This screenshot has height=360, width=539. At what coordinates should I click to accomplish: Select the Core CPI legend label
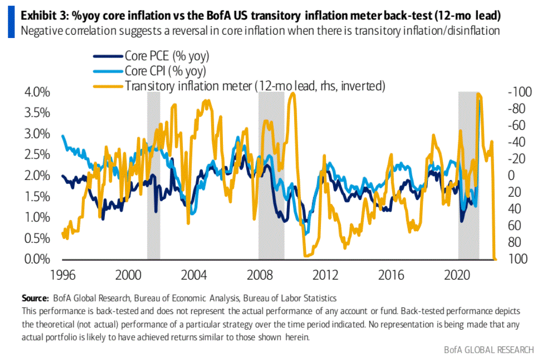(165, 71)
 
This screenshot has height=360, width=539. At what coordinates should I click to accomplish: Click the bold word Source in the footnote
(35, 298)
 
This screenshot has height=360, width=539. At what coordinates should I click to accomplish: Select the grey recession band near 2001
(154, 176)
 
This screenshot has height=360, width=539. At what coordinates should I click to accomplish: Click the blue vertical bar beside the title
(11, 23)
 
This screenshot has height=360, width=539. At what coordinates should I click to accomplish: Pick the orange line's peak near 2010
(292, 94)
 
